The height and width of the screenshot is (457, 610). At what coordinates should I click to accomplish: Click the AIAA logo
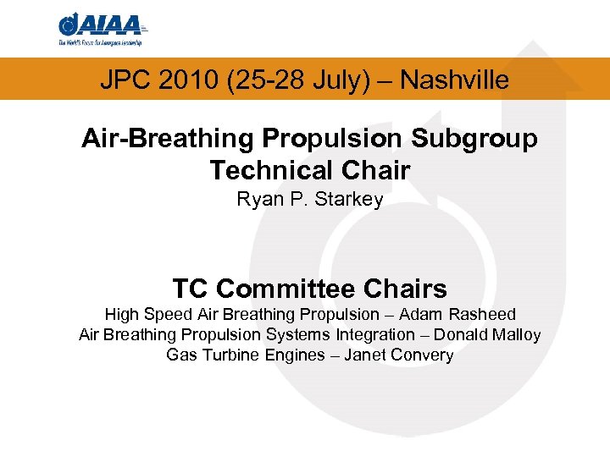(x=103, y=30)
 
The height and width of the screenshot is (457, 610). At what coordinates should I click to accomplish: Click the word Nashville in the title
(x=454, y=80)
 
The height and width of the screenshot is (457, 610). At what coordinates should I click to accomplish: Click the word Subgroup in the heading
(x=478, y=139)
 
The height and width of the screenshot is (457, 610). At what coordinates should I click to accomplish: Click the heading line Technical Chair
(x=309, y=170)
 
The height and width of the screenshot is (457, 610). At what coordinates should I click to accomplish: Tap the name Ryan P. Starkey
(x=309, y=200)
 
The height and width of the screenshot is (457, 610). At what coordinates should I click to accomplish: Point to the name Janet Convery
(x=398, y=355)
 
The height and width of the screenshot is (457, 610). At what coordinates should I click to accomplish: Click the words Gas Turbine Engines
(x=245, y=355)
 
